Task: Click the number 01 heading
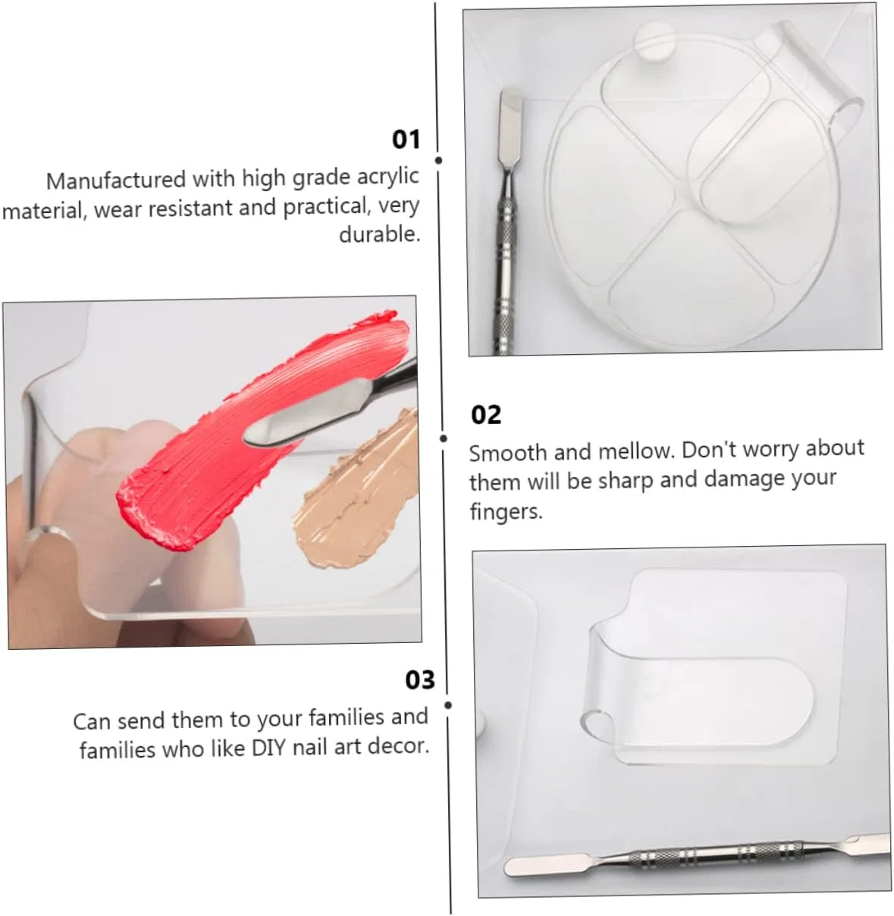click(406, 140)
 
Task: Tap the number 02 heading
click(486, 415)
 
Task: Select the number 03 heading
click(420, 679)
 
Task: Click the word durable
click(379, 234)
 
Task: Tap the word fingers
click(506, 511)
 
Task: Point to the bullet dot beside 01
click(439, 161)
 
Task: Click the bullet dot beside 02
click(443, 439)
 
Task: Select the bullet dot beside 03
click(448, 705)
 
